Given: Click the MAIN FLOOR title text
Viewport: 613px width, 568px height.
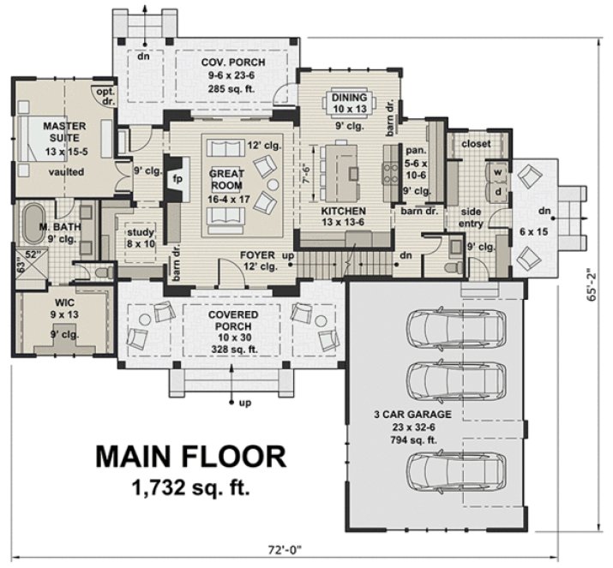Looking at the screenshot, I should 190,457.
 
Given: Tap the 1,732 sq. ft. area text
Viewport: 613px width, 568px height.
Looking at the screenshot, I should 190,488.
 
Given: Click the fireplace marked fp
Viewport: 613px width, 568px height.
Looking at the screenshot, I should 178,180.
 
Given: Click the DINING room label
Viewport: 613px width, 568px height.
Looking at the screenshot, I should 349,98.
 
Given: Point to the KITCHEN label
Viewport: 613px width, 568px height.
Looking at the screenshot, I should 344,211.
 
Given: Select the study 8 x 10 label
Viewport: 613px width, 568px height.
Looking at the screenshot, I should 140,237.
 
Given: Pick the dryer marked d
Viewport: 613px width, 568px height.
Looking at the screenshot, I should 496,193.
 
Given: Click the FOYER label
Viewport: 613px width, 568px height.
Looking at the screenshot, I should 257,255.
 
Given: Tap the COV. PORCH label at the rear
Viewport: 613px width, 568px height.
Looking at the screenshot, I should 233,63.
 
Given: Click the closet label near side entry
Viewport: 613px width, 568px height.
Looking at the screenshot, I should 476,144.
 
